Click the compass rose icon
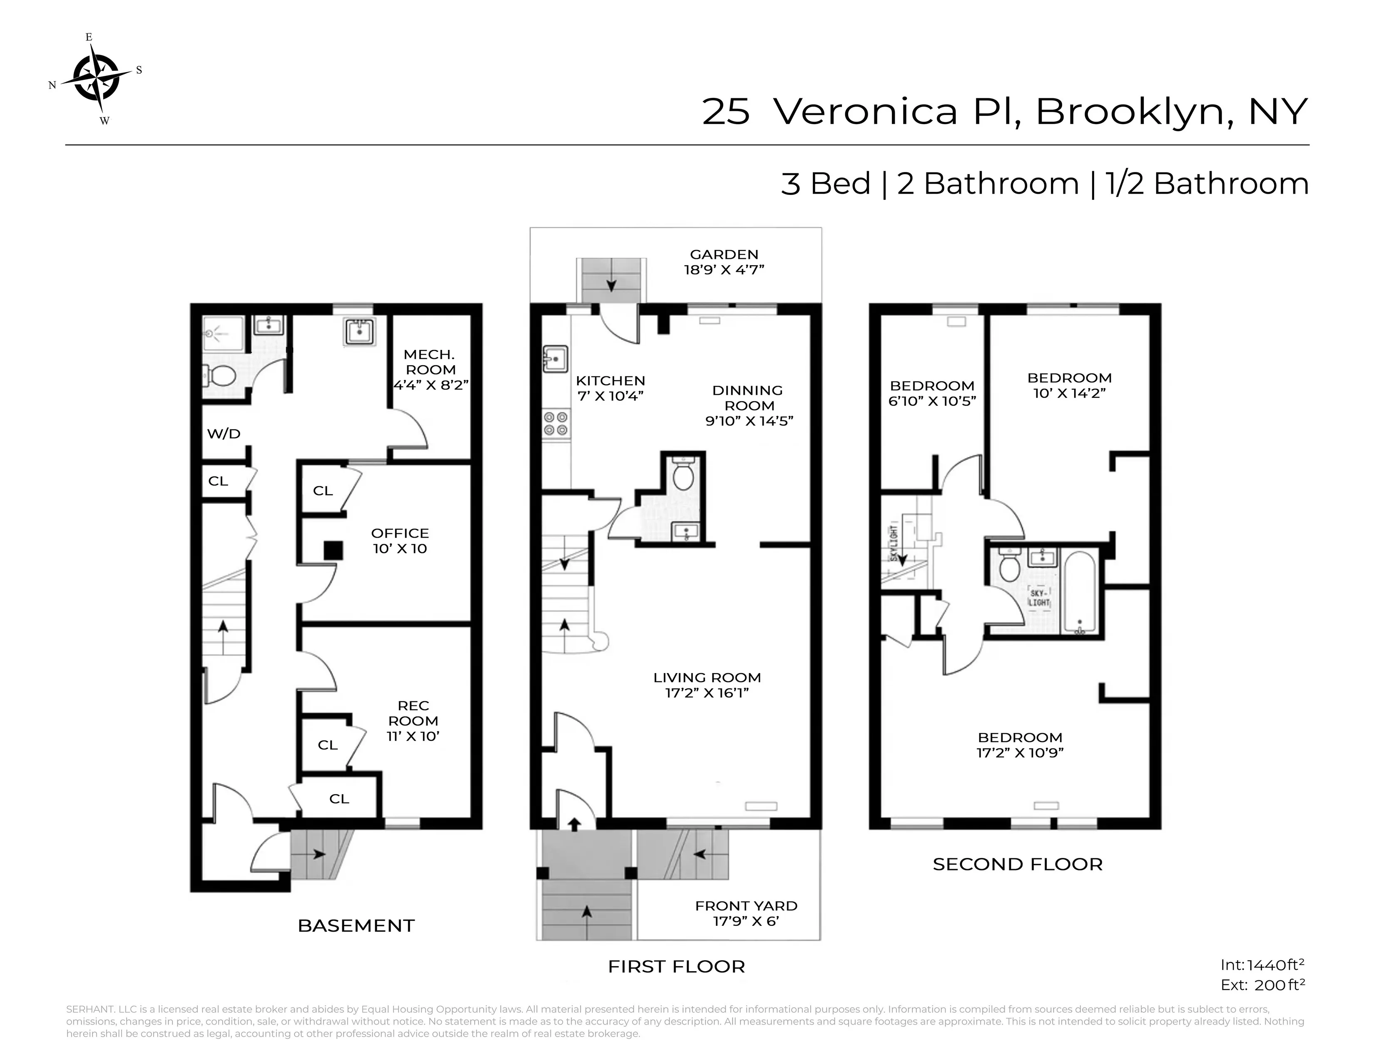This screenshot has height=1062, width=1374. pyautogui.click(x=96, y=78)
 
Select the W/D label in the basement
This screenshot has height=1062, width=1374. pyautogui.click(x=224, y=434)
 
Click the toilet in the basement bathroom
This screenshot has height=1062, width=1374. pyautogui.click(x=221, y=376)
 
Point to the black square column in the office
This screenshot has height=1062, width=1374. pyautogui.click(x=334, y=551)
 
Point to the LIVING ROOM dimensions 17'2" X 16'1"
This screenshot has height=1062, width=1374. pyautogui.click(x=707, y=693)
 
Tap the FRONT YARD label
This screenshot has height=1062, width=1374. pyautogui.click(x=746, y=906)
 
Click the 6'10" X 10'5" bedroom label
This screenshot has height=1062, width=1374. pyautogui.click(x=932, y=401)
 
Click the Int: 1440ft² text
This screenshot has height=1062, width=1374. pyautogui.click(x=1262, y=965)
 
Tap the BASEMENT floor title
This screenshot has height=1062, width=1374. pyautogui.click(x=356, y=925)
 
